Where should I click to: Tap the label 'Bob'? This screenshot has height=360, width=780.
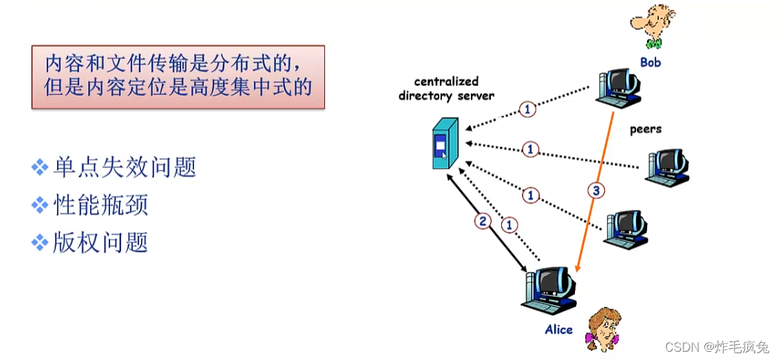click(650, 63)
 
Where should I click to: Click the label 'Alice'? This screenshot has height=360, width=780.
click(558, 330)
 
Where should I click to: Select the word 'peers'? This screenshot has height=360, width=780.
click(645, 129)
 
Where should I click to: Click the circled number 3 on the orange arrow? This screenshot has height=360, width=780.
click(597, 191)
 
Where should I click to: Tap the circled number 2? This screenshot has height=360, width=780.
click(483, 221)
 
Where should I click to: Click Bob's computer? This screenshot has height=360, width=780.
click(618, 89)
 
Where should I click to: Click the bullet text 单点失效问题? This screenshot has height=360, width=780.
click(124, 167)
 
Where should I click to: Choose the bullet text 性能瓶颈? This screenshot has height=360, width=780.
click(101, 205)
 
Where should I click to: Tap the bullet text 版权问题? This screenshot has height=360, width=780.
click(101, 242)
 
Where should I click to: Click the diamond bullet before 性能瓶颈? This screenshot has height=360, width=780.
click(41, 205)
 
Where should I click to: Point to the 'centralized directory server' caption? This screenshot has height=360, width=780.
click(446, 89)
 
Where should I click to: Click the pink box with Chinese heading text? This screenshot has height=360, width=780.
click(178, 76)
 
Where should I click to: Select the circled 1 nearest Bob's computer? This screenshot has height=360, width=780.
click(527, 109)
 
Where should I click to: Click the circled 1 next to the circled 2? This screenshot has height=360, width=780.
click(509, 224)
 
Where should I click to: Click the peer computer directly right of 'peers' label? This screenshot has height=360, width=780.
click(668, 166)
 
